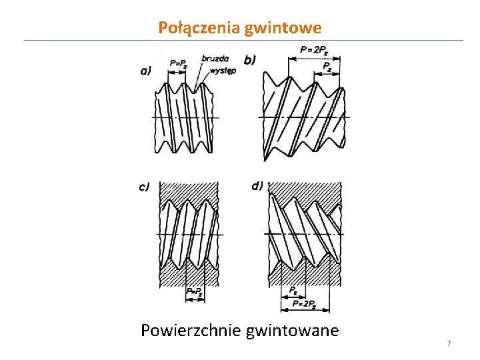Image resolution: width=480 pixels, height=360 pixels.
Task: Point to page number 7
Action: pyautogui.click(x=449, y=343)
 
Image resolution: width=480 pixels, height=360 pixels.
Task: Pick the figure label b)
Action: pyautogui.click(x=250, y=60)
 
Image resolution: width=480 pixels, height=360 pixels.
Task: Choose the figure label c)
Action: pyautogui.click(x=144, y=187)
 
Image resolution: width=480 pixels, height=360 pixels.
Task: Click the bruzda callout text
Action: pyautogui.click(x=213, y=58)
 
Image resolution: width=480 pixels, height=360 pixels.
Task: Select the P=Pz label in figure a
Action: pyautogui.click(x=179, y=64)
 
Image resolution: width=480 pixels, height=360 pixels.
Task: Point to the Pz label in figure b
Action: pyautogui.click(x=327, y=66)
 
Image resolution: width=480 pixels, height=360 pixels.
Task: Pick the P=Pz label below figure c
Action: pyautogui.click(x=195, y=291)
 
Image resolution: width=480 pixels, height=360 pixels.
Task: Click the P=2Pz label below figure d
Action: pyautogui.click(x=303, y=304)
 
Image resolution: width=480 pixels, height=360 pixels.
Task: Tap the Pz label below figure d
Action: pyautogui.click(x=294, y=290)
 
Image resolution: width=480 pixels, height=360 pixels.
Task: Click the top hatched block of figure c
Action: pyautogui.click(x=189, y=189)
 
